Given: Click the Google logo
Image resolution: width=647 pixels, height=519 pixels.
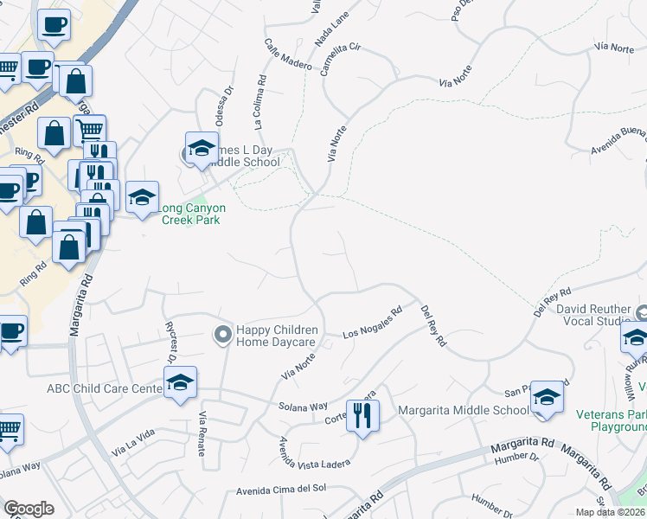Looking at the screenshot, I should pyautogui.click(x=29, y=509).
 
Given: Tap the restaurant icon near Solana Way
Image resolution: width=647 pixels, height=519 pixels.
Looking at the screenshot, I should pyautogui.click(x=362, y=415).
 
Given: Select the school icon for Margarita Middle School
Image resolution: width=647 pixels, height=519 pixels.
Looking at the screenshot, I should pyautogui.click(x=547, y=398).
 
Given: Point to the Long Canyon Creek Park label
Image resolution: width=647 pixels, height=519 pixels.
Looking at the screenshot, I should pyautogui.click(x=192, y=214).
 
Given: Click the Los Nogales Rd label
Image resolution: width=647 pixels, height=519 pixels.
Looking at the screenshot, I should pyautogui.click(x=373, y=323).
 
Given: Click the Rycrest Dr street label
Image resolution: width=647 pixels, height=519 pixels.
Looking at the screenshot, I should pyautogui.click(x=170, y=342).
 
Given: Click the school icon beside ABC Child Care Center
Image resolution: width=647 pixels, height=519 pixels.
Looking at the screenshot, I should pyautogui.click(x=180, y=383).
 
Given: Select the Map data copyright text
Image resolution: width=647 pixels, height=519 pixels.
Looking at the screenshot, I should pyautogui.click(x=611, y=512).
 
